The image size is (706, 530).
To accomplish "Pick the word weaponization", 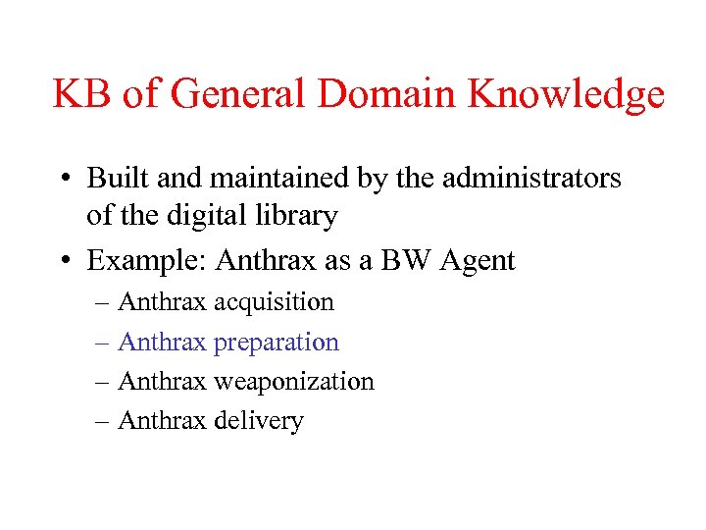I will (293, 382).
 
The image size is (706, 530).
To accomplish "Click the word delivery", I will (259, 422).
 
